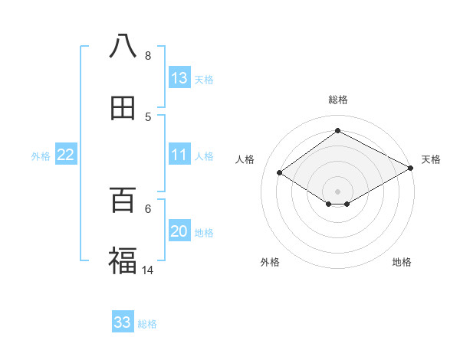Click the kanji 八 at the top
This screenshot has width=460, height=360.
click(x=123, y=45)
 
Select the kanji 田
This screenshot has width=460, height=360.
click(x=123, y=109)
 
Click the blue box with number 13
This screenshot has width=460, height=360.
click(x=179, y=78)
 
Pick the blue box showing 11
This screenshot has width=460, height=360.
click(x=179, y=155)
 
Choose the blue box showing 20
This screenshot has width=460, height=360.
click(x=179, y=232)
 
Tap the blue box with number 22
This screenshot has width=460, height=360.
click(x=66, y=155)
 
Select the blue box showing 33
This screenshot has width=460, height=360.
click(x=123, y=322)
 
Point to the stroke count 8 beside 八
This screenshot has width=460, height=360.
click(x=148, y=56)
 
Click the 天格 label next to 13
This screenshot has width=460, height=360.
click(x=204, y=79)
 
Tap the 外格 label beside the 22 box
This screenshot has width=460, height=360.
click(x=41, y=155)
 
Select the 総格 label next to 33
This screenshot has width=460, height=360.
click(x=147, y=323)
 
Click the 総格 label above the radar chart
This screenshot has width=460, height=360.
click(x=338, y=100)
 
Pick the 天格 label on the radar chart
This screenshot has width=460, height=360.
click(x=431, y=159)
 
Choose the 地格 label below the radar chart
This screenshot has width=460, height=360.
click(x=402, y=262)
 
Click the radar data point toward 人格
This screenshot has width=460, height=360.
click(x=280, y=173)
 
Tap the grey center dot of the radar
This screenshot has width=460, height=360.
click(x=338, y=191)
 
